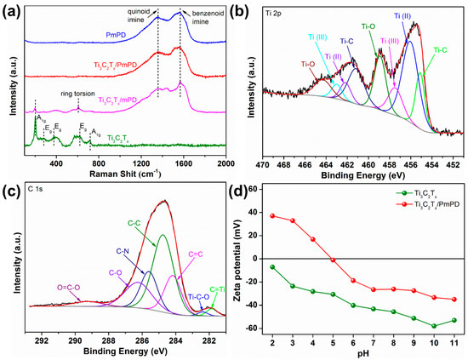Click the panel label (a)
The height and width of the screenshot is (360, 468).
(12, 10)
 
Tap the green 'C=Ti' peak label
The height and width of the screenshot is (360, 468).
(219, 290)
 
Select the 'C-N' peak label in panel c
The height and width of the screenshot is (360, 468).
(124, 252)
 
